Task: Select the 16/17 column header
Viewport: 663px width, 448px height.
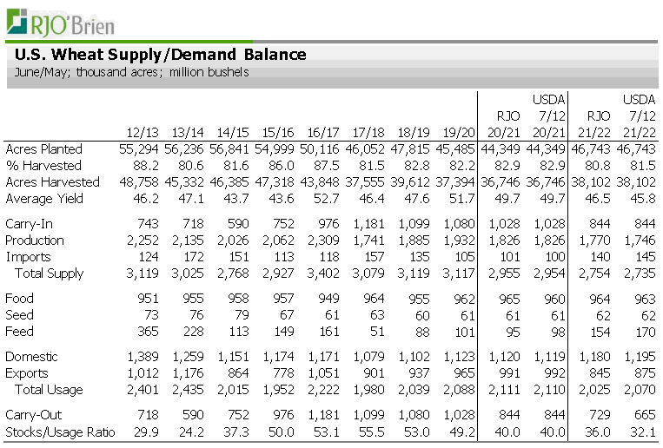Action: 322,132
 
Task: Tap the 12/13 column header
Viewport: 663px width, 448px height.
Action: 142,132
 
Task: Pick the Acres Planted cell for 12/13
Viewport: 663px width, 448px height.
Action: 137,149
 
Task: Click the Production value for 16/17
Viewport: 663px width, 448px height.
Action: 322,240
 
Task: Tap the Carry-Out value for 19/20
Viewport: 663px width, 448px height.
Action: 460,416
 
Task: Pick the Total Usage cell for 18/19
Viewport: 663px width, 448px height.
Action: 412,390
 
